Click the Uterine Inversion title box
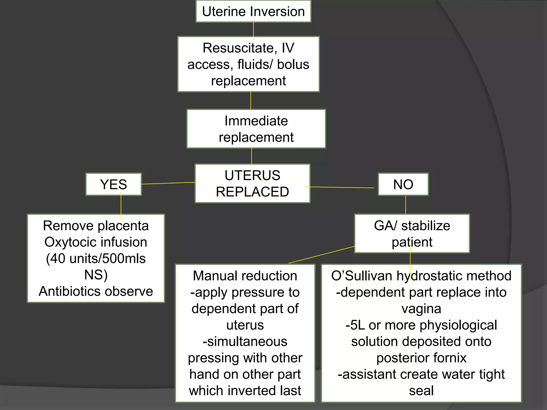coord(253,11)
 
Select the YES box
coord(114,184)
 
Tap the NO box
coord(403,184)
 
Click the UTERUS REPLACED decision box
coord(252,184)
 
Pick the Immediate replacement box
coord(256,129)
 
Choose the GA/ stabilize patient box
coord(412,234)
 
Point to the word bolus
coord(293,65)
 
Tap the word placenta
coord(123,226)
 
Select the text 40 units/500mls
coord(96,259)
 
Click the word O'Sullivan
coord(362,276)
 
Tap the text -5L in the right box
coord(355,325)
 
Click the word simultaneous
coord(245,341)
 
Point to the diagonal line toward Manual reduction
coord(322,255)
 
